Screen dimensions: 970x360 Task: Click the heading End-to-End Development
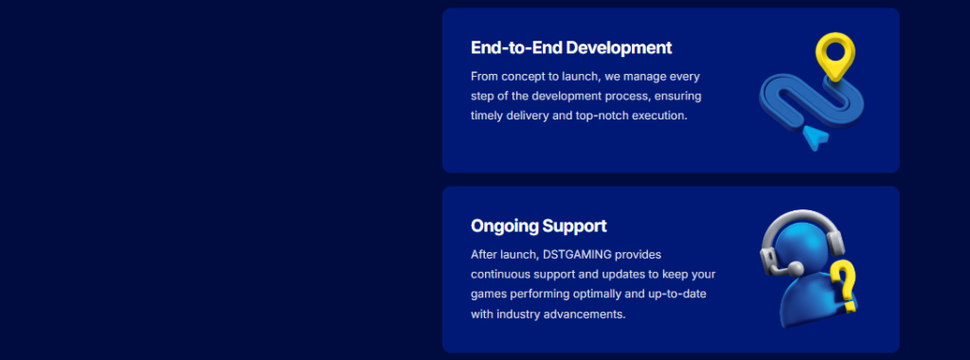[571, 47]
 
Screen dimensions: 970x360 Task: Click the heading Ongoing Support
[539, 225]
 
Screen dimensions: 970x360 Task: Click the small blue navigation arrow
[815, 136]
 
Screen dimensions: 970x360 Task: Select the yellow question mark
[843, 286]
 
